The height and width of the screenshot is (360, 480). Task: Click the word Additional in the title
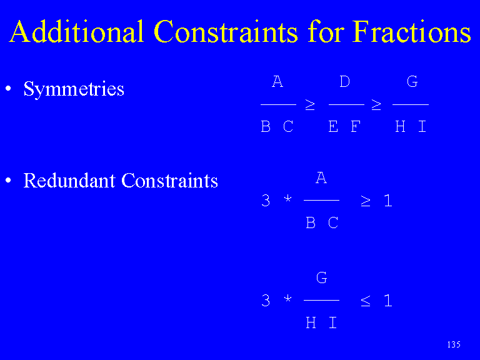pyautogui.click(x=76, y=31)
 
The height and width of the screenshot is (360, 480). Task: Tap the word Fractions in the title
pyautogui.click(x=411, y=31)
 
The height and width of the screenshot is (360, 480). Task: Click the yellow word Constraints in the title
pyautogui.click(x=226, y=31)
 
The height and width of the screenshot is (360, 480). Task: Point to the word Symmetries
pyautogui.click(x=74, y=89)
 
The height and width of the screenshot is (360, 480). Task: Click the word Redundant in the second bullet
pyautogui.click(x=69, y=180)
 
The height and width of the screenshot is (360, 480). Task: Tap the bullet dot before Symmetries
pyautogui.click(x=8, y=89)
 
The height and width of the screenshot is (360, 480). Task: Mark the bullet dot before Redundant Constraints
pyautogui.click(x=8, y=180)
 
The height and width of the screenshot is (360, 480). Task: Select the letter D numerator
pyautogui.click(x=345, y=81)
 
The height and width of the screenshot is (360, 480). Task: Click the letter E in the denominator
pyautogui.click(x=333, y=126)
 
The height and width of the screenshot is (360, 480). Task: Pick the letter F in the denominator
pyautogui.click(x=356, y=126)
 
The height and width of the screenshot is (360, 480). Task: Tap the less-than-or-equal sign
pyautogui.click(x=366, y=301)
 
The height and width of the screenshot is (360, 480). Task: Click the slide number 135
pyautogui.click(x=454, y=345)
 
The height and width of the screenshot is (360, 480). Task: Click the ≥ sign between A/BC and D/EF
pyautogui.click(x=310, y=105)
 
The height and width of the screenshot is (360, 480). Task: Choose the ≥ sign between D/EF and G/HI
pyautogui.click(x=376, y=105)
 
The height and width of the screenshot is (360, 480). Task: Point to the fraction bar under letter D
pyautogui.click(x=346, y=105)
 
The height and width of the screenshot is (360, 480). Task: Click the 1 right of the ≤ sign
pyautogui.click(x=388, y=300)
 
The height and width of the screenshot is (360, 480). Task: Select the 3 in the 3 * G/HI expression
pyautogui.click(x=266, y=300)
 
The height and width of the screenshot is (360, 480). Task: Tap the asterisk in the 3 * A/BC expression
pyautogui.click(x=287, y=199)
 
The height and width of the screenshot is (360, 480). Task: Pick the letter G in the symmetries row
pyautogui.click(x=412, y=81)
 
